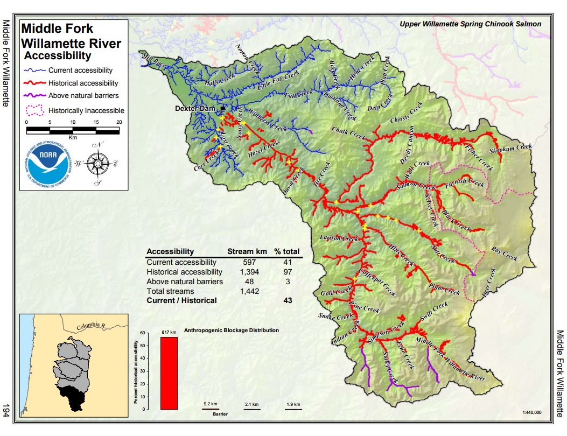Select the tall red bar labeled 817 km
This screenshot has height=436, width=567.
click(x=170, y=373)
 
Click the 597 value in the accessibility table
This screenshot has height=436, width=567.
click(x=242, y=262)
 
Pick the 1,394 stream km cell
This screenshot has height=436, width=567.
click(x=242, y=272)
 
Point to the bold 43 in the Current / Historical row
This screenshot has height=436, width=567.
click(x=288, y=300)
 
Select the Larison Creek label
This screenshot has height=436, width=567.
click(x=339, y=238)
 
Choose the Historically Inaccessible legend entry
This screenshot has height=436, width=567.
click(x=86, y=110)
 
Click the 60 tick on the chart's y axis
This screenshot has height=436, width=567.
click(x=143, y=333)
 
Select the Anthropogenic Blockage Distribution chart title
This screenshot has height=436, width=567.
click(x=232, y=330)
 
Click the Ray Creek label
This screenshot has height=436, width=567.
click(x=504, y=255)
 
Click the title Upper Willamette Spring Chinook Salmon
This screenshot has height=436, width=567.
click(x=471, y=24)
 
